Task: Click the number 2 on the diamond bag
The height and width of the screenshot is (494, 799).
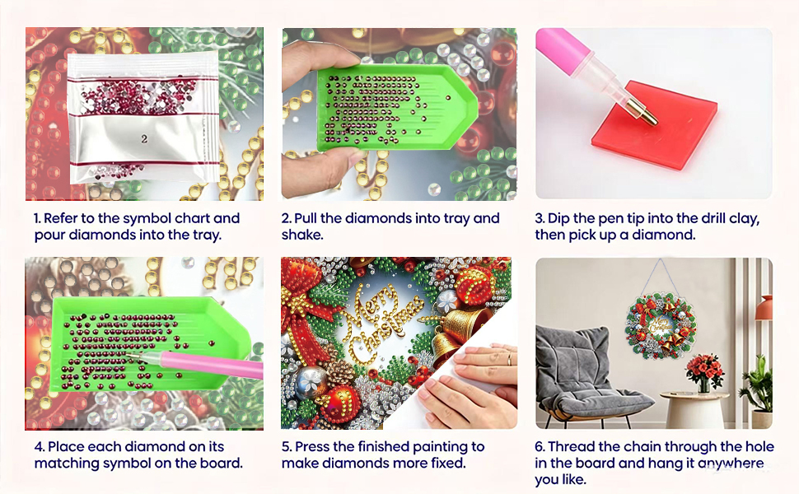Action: (144, 138)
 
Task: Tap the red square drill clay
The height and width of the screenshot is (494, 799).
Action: (655, 125)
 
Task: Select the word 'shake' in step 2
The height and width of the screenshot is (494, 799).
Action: (301, 235)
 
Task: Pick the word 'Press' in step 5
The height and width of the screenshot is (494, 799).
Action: (312, 446)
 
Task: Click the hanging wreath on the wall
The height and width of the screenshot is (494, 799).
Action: (661, 324)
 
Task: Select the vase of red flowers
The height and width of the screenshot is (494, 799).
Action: (704, 373)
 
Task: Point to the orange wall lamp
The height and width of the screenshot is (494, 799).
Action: (764, 308)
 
